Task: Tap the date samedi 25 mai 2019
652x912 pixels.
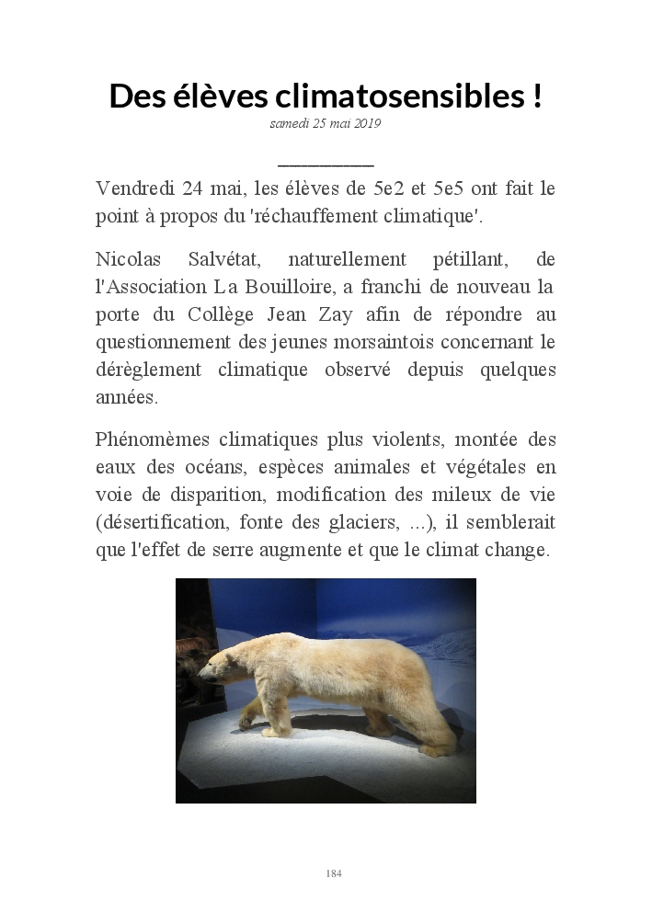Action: pos(326,123)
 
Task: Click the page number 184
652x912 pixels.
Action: pos(333,873)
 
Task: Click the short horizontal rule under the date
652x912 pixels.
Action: pos(326,165)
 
